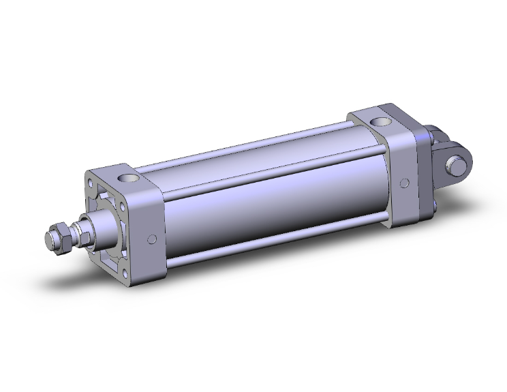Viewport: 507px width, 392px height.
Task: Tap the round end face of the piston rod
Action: click(49, 239)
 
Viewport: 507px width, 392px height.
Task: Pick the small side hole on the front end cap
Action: click(151, 239)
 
